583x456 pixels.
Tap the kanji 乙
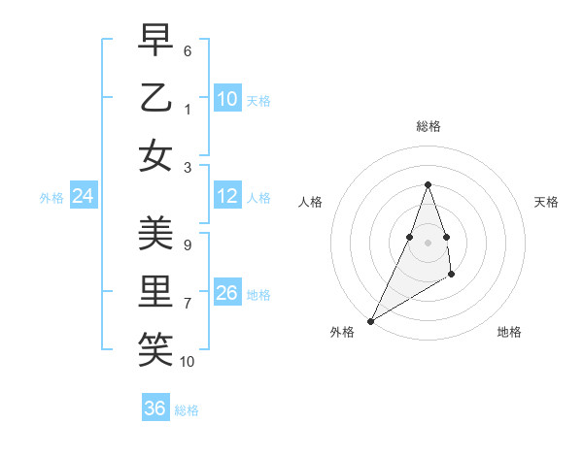[155, 98]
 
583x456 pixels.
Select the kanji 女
[155, 155]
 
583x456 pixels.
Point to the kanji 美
[155, 235]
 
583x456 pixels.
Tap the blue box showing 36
[155, 408]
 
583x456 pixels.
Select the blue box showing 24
[83, 197]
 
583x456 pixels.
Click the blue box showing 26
[226, 293]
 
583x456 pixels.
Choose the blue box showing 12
[226, 196]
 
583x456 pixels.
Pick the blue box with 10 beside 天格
[226, 99]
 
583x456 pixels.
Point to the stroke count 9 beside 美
[188, 245]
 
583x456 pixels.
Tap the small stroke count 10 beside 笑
[188, 361]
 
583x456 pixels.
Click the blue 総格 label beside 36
[187, 410]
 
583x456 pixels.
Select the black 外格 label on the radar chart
[342, 333]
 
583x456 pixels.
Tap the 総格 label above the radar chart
[428, 126]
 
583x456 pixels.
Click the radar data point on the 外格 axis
[371, 321]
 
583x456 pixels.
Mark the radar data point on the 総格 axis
[428, 185]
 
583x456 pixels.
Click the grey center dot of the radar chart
[428, 242]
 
